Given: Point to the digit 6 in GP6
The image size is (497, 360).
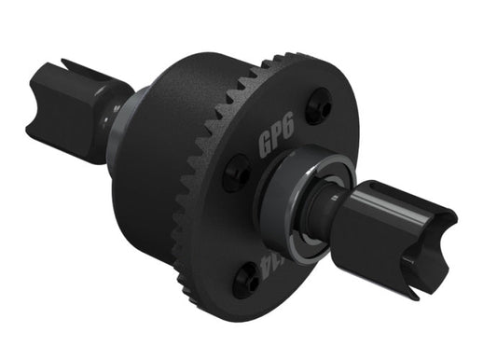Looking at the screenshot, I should [x=288, y=136].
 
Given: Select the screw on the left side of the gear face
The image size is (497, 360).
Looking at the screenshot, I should [x=237, y=173].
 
